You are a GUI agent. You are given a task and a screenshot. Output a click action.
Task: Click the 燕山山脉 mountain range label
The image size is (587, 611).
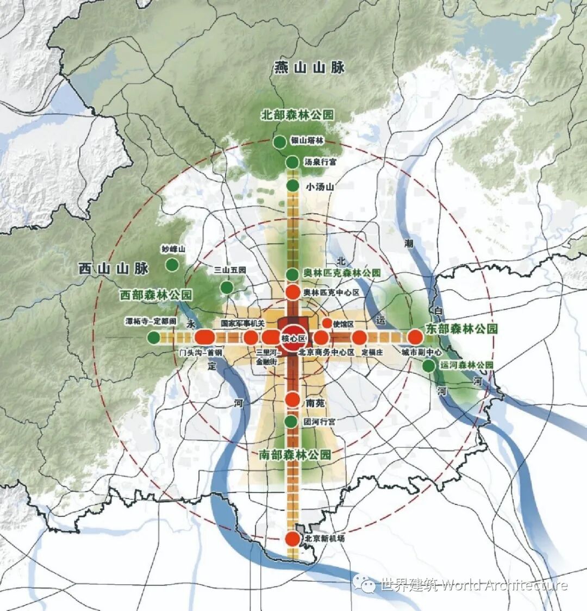[x=309, y=68]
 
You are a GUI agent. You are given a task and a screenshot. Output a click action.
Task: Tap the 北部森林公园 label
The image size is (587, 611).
[x=297, y=115]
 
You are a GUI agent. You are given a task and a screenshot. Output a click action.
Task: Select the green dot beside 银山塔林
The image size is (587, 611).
[x=279, y=143]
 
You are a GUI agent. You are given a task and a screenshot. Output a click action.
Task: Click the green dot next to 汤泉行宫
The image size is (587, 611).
[x=292, y=162]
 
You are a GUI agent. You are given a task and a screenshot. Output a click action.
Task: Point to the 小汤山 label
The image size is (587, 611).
[x=320, y=187]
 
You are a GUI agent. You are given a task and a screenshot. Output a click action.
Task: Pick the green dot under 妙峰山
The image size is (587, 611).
[x=172, y=265]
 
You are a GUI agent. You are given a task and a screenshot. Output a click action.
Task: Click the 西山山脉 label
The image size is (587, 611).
[x=113, y=268]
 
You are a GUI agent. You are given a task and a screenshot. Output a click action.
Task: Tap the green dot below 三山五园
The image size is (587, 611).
[x=226, y=287]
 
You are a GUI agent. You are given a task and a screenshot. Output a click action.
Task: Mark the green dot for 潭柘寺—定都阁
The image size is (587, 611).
[x=154, y=337]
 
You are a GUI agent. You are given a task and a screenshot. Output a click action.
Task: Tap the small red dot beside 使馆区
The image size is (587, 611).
[x=327, y=323]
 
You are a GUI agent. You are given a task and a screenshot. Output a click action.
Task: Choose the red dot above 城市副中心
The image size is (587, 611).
[x=415, y=337]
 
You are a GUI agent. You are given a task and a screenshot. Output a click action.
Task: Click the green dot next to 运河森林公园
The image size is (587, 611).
[x=429, y=366]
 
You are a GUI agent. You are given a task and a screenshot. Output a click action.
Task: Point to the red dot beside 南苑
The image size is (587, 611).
[x=293, y=400]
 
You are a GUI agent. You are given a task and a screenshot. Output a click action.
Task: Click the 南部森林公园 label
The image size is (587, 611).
[x=295, y=455]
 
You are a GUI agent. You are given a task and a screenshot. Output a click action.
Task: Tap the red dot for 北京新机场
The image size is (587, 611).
[x=292, y=539]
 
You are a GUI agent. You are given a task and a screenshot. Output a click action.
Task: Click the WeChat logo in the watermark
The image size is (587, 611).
[x=364, y=585]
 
